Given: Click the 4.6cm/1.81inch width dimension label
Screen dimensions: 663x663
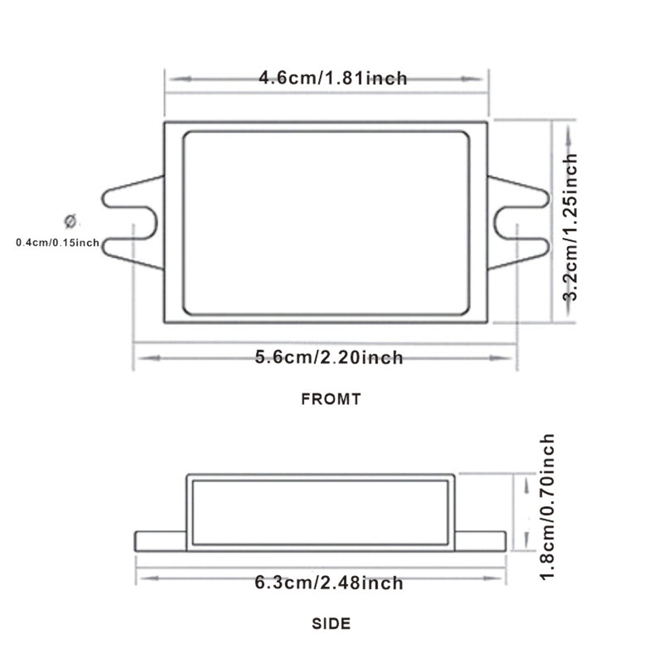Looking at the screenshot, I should point(333,78).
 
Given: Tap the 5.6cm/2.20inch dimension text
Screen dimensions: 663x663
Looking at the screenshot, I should point(329,357).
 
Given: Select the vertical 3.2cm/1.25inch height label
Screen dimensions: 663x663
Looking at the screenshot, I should point(570,227).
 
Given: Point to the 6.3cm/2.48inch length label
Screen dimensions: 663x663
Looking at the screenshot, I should point(329,583).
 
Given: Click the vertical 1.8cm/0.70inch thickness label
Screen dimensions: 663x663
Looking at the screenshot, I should point(547,507).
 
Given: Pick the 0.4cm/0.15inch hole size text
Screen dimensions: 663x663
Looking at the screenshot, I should point(58,243).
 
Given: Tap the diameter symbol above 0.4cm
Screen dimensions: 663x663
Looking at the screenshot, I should point(70,221).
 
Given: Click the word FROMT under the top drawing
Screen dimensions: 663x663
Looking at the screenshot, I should point(331,399).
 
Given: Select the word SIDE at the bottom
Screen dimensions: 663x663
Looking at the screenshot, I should point(331,624).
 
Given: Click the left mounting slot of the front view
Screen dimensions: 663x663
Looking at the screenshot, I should point(133,223).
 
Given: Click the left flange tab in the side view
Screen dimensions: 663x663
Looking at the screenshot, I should point(161,541).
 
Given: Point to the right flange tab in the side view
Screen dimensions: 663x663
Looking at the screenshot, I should point(480,541).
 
